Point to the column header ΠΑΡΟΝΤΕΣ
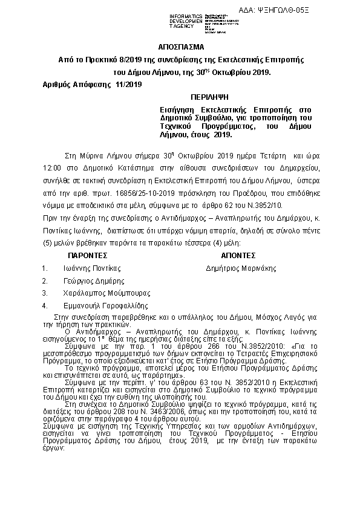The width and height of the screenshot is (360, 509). click(x=87, y=255)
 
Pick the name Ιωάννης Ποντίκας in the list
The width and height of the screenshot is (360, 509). click(x=92, y=267)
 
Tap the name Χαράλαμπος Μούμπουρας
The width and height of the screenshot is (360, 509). click(x=100, y=293)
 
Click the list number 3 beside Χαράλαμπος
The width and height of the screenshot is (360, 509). click(x=44, y=293)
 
